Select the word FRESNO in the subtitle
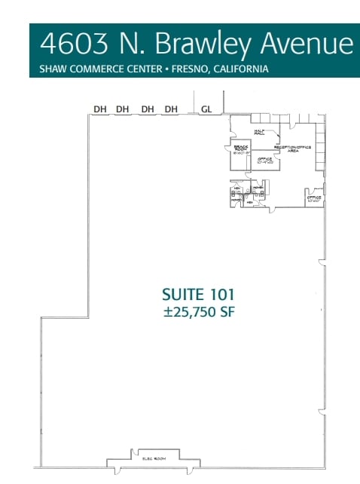click(196, 69)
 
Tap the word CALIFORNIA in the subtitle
click(243, 69)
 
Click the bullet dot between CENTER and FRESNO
click(174, 69)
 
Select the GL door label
click(206, 109)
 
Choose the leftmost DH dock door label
click(99, 109)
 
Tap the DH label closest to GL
click(171, 109)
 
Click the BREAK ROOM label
click(241, 148)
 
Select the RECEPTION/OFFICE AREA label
click(294, 149)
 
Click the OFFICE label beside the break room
click(264, 161)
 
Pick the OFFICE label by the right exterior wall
click(314, 199)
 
